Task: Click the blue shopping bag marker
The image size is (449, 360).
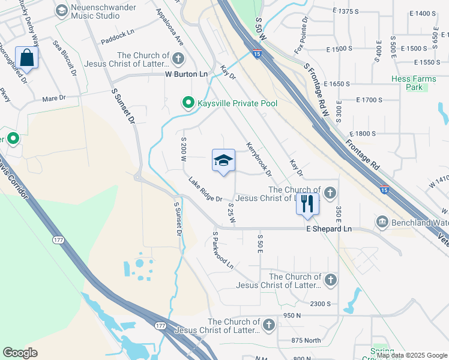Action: click(x=27, y=58)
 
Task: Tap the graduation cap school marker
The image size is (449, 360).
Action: click(x=223, y=161)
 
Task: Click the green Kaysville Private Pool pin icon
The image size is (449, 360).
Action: click(x=188, y=104)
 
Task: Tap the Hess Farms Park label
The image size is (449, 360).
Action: click(x=415, y=83)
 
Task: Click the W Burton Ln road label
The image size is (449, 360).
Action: click(x=186, y=74)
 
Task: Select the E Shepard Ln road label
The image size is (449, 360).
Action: click(x=328, y=229)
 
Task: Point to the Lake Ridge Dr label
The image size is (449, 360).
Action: click(x=205, y=190)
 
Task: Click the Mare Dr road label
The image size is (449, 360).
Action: click(x=53, y=97)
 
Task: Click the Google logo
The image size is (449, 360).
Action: click(x=20, y=353)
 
